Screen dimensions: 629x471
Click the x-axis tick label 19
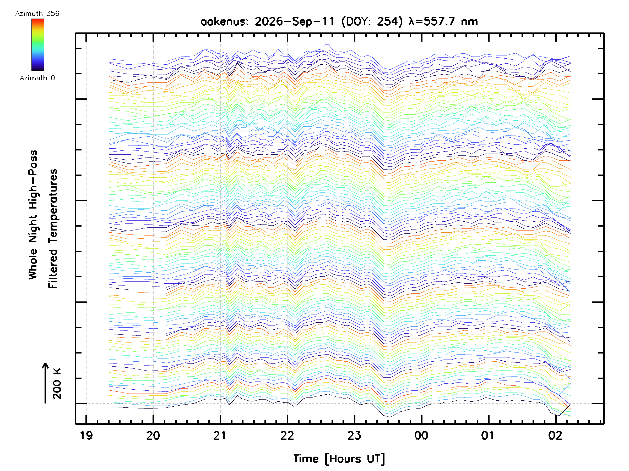point(86,435)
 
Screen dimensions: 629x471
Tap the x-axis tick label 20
point(153,435)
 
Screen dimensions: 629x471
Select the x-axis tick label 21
point(220,435)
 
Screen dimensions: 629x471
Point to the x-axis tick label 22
point(287,435)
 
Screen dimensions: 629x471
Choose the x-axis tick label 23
point(354,435)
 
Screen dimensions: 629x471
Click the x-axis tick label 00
point(421,435)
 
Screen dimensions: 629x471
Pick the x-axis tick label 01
point(488,435)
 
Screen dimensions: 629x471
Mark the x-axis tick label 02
point(555,435)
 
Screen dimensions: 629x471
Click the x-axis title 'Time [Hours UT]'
point(339,458)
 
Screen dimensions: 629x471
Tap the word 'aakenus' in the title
point(225,21)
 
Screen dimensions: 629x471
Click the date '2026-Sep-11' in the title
point(295,21)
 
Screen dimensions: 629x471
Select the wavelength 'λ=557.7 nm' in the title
point(443,21)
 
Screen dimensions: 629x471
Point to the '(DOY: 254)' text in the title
point(372,21)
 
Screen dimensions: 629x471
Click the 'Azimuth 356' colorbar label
point(37,14)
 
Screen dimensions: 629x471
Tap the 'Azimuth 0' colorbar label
point(37,78)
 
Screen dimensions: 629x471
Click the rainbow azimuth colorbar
point(38,44)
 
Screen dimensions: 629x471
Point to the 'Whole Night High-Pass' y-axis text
point(33,215)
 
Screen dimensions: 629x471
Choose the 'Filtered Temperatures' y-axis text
point(53,229)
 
